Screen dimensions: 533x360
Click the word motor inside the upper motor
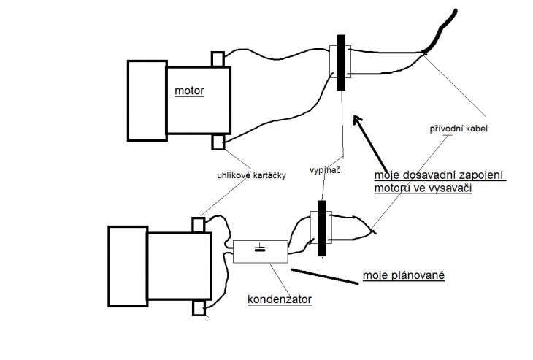(189, 91)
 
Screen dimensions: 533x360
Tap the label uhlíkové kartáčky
(252, 175)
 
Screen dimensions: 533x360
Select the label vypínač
(325, 170)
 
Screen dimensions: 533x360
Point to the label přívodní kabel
(459, 129)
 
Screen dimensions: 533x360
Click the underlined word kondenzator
(280, 299)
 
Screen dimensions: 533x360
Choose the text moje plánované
(404, 275)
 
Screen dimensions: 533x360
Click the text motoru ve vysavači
(423, 188)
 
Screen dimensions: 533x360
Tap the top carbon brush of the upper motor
(218, 59)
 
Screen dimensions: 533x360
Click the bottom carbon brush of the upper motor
(218, 142)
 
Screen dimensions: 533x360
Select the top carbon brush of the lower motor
(199, 225)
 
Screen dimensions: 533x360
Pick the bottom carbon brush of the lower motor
(199, 308)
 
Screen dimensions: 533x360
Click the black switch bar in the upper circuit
(341, 63)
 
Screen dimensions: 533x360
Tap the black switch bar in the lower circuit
(321, 228)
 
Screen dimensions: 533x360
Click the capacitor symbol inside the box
(261, 248)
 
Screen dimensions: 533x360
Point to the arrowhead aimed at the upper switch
(357, 120)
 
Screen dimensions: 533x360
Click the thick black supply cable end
(440, 31)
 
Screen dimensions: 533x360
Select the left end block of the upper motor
(147, 101)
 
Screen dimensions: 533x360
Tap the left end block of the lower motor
(128, 267)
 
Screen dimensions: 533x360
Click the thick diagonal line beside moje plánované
(325, 276)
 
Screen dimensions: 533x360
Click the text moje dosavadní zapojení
(439, 175)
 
